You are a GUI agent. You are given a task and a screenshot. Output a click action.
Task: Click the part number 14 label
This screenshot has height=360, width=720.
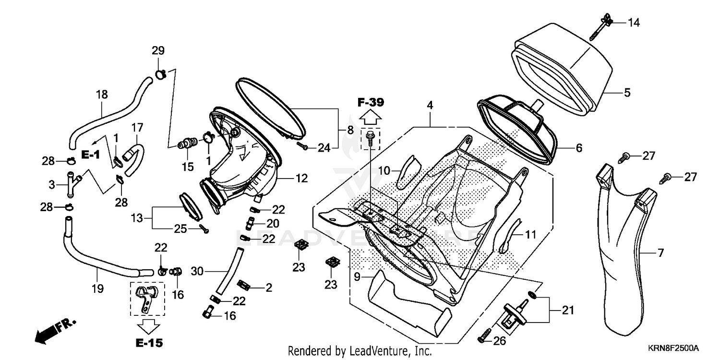tap(634, 23)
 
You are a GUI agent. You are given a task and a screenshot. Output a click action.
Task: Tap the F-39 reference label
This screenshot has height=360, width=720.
tap(370, 102)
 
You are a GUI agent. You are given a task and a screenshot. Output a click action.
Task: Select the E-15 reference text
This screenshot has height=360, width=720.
tap(148, 343)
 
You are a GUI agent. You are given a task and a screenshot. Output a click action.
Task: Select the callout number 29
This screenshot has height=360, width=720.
tap(158, 50)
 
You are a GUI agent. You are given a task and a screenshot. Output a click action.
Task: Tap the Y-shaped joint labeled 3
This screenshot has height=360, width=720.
tap(72, 182)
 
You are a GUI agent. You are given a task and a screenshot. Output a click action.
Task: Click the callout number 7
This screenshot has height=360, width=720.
tap(660, 253)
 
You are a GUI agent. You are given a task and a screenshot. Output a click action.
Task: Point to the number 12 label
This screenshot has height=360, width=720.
tap(301, 179)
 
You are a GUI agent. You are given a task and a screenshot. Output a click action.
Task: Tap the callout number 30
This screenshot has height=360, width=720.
tap(197, 272)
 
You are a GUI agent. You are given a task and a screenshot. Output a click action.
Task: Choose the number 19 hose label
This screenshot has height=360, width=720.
tap(97, 289)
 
